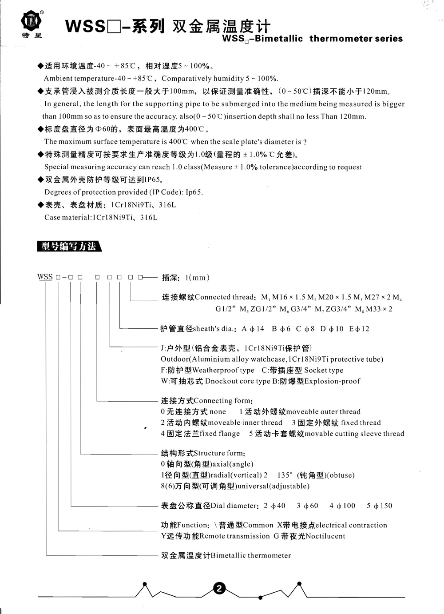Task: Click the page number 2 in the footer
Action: click(219, 589)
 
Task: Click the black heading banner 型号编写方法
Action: click(68, 246)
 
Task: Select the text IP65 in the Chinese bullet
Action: click(152, 180)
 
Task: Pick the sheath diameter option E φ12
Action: click(359, 329)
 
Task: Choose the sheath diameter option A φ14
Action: click(253, 329)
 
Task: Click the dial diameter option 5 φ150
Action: click(380, 506)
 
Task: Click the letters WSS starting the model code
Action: click(45, 277)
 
